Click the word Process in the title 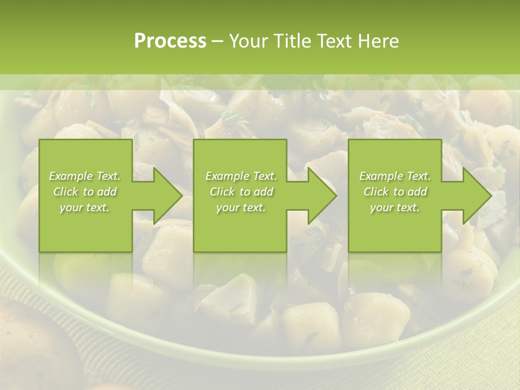170,41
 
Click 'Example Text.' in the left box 84,176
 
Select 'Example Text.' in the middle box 241,176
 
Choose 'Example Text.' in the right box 395,176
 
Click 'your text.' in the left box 84,207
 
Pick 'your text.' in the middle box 241,207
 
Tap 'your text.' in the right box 395,207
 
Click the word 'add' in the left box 107,192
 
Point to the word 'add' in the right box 418,192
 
